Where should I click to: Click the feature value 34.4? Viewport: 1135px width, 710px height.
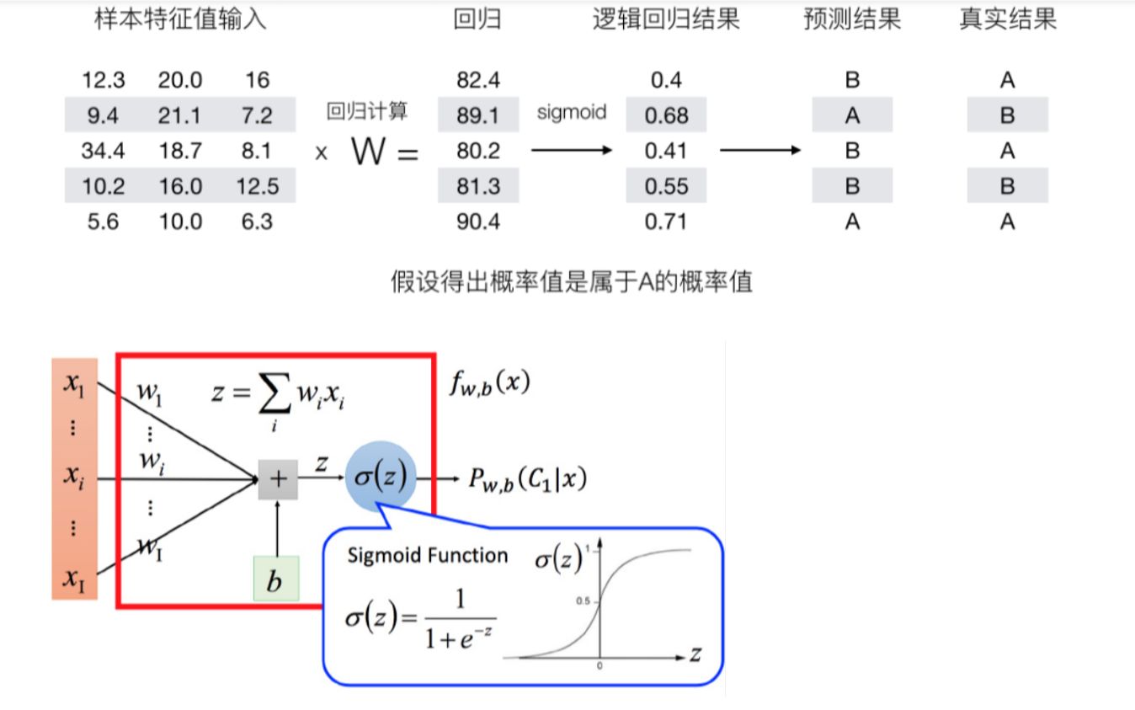(103, 151)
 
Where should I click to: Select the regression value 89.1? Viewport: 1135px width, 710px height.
(477, 115)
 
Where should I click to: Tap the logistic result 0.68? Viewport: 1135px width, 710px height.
(666, 115)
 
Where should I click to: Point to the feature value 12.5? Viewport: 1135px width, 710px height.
(257, 186)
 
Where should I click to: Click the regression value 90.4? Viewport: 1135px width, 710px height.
(477, 222)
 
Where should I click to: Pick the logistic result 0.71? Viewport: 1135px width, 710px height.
(666, 222)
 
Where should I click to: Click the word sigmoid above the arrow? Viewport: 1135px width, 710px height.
(572, 113)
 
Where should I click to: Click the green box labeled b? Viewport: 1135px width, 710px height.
(276, 578)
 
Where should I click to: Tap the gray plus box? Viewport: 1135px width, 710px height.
(278, 479)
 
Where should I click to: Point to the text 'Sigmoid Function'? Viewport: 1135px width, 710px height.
(428, 556)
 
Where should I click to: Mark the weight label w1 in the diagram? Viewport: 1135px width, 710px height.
(149, 394)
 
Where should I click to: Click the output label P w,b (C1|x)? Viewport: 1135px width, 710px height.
(527, 479)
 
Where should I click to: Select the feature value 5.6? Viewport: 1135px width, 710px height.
(103, 222)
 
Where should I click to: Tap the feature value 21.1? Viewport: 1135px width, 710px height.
(180, 115)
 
